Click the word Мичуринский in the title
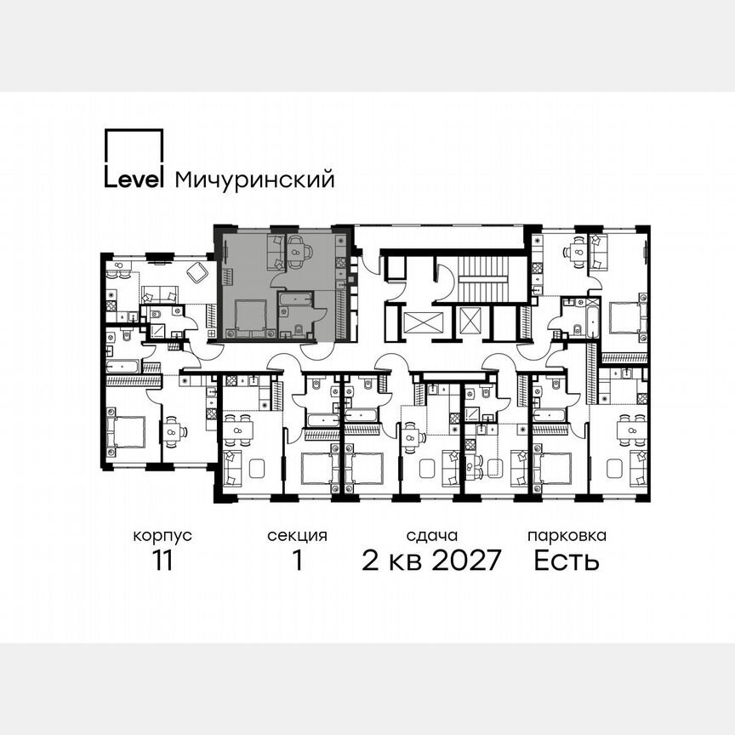coord(254,179)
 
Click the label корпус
coord(162,536)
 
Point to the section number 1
coord(297,561)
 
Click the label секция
coord(297,536)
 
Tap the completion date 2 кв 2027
coord(431,561)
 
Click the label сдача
coord(431,536)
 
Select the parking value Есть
coord(567,561)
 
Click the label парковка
coord(567,536)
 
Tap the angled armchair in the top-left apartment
coord(198,272)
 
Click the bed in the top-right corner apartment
coord(627,320)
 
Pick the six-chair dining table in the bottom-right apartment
coord(630,430)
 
